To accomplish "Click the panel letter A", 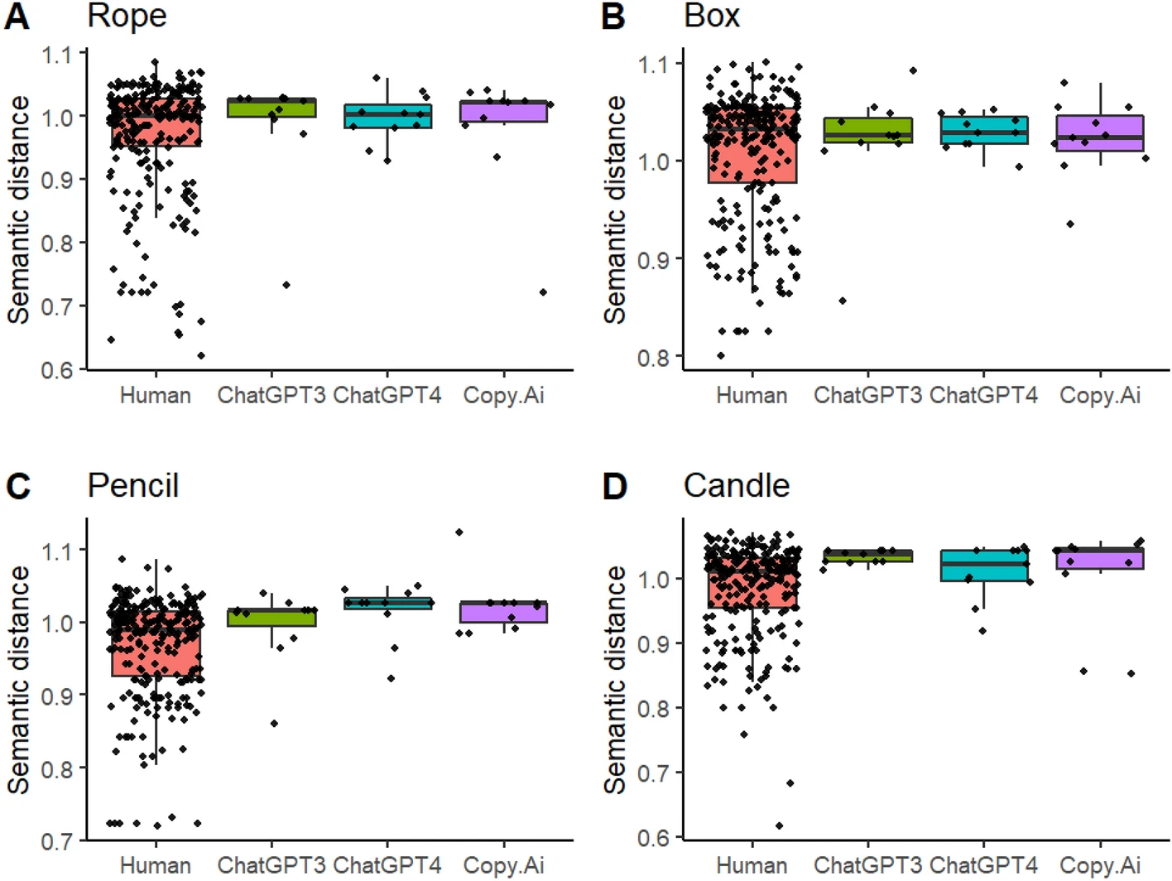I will (17, 17).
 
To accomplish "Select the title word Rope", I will (127, 16).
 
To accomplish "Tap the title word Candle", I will (736, 486).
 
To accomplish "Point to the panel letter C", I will (17, 487).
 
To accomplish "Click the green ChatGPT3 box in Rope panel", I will (271, 108).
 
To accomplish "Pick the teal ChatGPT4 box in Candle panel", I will (984, 566).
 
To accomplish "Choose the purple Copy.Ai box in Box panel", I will (1100, 133).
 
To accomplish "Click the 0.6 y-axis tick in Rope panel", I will (58, 370).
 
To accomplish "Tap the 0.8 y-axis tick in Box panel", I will (654, 358).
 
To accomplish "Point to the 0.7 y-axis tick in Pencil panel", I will (58, 841).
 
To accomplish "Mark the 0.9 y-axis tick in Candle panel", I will (654, 644).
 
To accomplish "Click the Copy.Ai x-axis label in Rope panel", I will (503, 396).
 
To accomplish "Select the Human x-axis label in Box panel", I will (752, 396).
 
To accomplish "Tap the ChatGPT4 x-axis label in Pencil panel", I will (387, 866).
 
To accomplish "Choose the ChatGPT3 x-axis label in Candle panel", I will (867, 866).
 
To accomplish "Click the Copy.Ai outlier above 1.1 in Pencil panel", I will (459, 532).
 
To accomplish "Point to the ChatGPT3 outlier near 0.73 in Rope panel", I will (286, 285).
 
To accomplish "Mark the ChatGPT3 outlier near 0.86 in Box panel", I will (843, 301).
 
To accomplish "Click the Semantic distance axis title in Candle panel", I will (615, 679).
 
